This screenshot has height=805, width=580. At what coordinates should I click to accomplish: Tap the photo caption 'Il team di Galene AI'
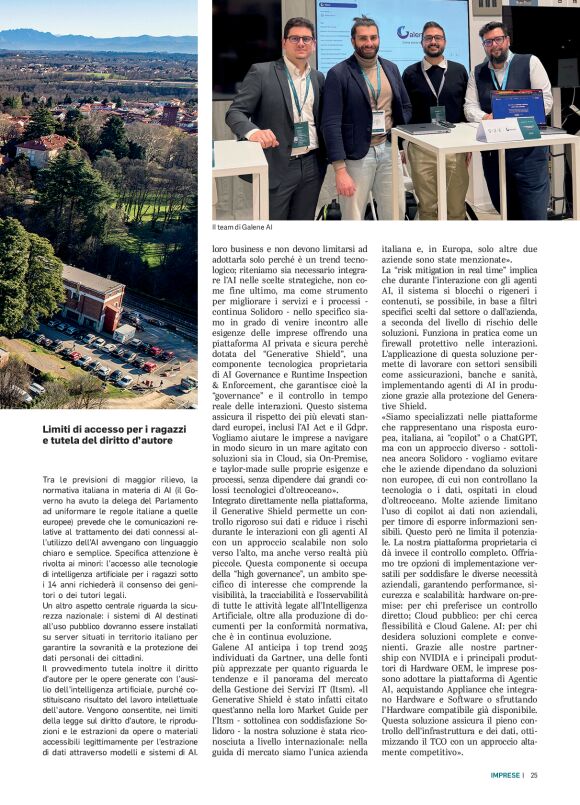(x=241, y=227)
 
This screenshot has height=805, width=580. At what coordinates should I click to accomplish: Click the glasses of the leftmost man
(x=300, y=39)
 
